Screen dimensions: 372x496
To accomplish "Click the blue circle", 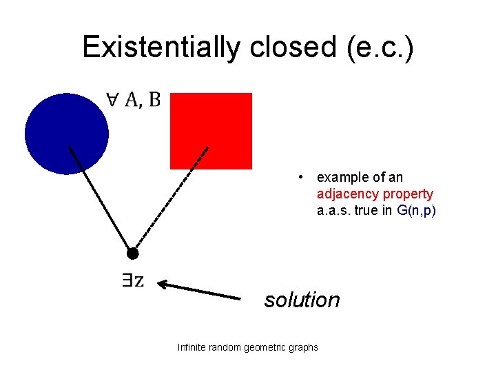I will click(66, 133).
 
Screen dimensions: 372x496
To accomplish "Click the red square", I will click(211, 130).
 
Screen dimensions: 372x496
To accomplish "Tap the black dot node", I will click(133, 254).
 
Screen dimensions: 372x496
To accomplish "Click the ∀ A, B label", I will click(134, 100).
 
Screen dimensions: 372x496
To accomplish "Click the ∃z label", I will click(132, 280).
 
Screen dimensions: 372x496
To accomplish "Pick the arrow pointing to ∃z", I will click(200, 290).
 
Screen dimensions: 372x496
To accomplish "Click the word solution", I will click(302, 300).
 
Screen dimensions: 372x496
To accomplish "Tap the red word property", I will click(409, 194).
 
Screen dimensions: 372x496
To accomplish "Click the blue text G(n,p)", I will click(417, 211).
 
